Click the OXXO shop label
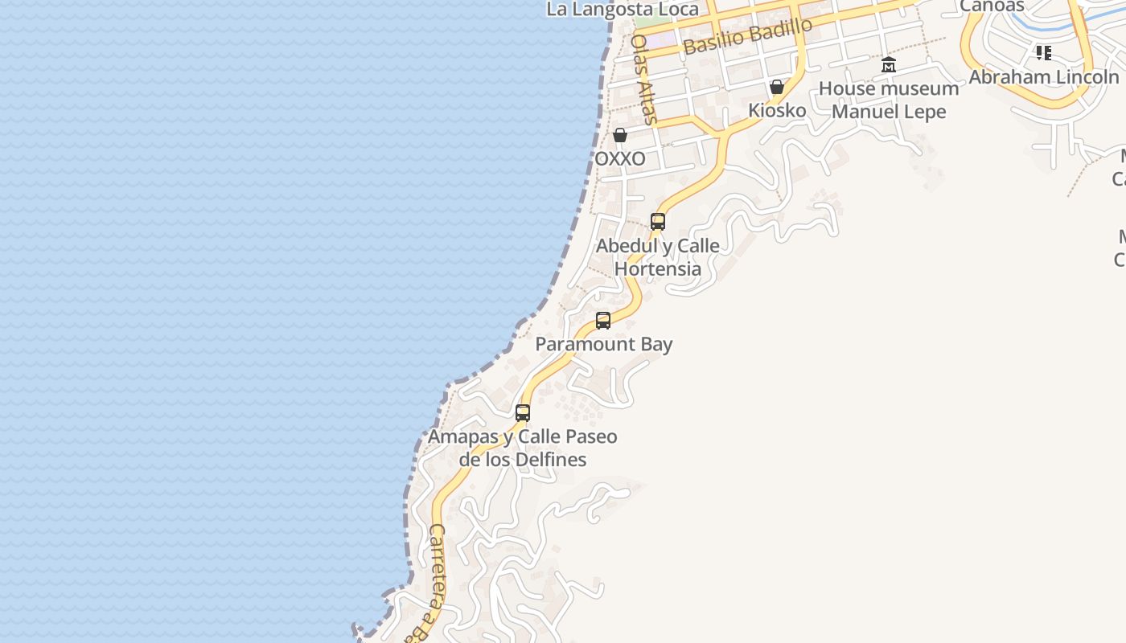tap(619, 158)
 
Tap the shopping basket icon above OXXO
tap(620, 135)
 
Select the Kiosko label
tap(777, 110)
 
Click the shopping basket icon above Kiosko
tap(777, 87)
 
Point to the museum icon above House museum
tap(889, 64)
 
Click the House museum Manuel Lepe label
tap(889, 100)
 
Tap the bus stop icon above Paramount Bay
tap(603, 321)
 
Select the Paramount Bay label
tap(604, 344)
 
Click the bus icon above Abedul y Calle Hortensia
tap(658, 222)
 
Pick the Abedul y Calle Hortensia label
tap(658, 256)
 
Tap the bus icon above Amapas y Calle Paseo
tap(523, 413)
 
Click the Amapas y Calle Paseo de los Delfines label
tap(523, 448)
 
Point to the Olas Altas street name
tap(644, 79)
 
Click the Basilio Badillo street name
tap(748, 36)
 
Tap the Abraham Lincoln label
tap(1044, 77)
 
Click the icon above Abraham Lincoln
tap(1044, 53)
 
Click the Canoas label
tap(992, 6)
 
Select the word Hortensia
tap(658, 268)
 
